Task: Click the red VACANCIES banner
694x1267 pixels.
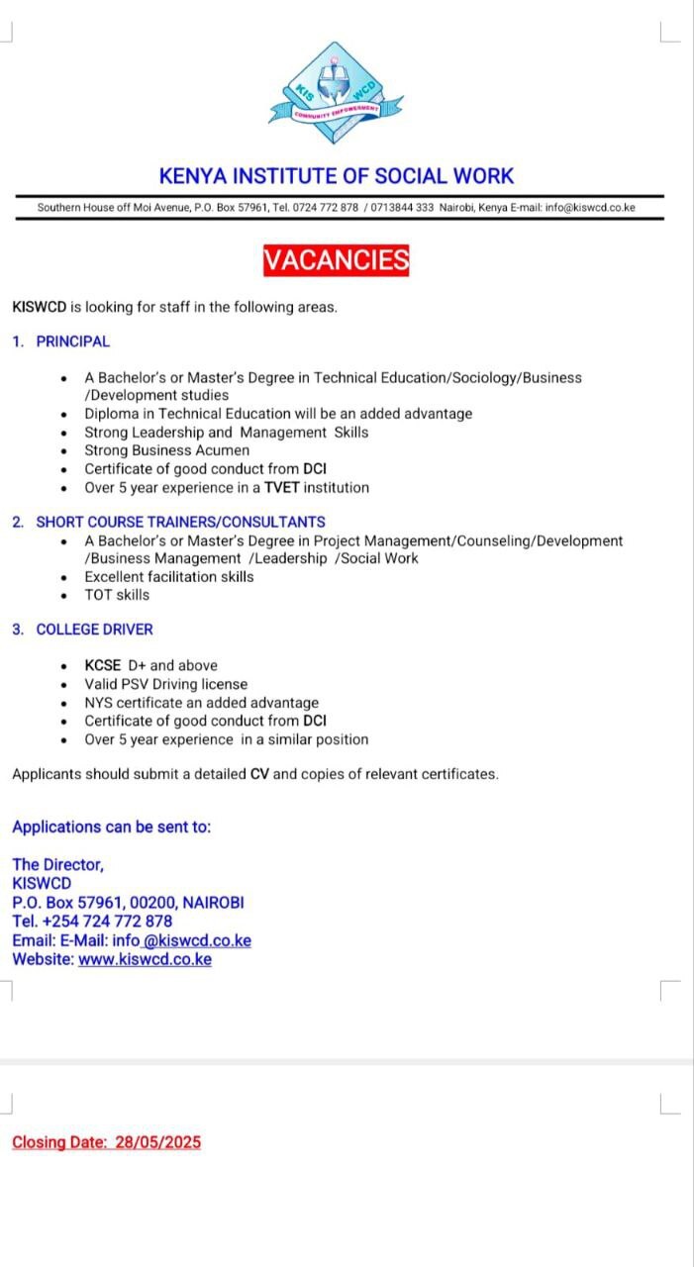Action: (x=336, y=260)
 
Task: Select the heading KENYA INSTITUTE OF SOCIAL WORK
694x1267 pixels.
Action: (x=337, y=176)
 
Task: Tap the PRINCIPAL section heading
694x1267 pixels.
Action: (x=73, y=341)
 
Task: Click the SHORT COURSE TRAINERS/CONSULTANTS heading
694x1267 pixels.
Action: (x=180, y=522)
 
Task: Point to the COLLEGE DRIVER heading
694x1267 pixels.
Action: (x=94, y=630)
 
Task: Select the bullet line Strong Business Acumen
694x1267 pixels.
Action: (x=166, y=450)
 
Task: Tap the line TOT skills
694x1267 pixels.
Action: (x=117, y=595)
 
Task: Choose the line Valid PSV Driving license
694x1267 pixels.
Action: (x=166, y=684)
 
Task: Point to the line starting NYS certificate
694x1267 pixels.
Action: (x=201, y=703)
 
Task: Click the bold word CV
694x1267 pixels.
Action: (x=259, y=774)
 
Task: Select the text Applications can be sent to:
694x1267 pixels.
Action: (x=111, y=827)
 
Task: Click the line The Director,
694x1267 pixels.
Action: (x=57, y=864)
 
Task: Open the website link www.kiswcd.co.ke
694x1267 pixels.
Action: (x=145, y=959)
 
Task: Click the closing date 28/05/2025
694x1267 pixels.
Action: (x=157, y=1142)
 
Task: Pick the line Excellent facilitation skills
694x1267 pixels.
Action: (x=169, y=576)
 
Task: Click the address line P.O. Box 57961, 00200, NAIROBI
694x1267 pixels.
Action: (x=128, y=902)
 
